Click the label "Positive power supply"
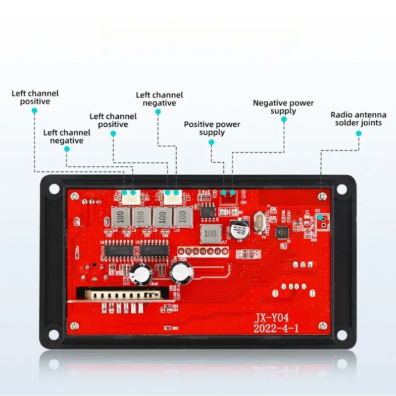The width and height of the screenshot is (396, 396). (212, 128)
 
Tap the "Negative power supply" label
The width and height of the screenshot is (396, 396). (283, 107)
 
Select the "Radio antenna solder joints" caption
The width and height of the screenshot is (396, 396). (358, 119)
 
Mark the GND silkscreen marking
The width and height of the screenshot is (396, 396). (242, 196)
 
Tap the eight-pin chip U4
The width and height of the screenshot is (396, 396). (207, 211)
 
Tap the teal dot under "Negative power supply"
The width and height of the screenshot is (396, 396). (284, 119)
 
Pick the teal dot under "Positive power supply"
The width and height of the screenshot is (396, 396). (211, 142)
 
